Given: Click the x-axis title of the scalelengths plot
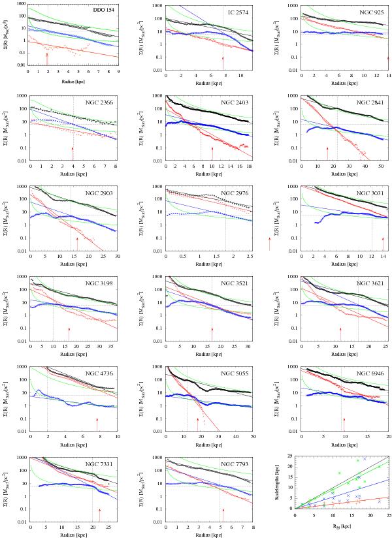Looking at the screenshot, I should click(342, 534).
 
